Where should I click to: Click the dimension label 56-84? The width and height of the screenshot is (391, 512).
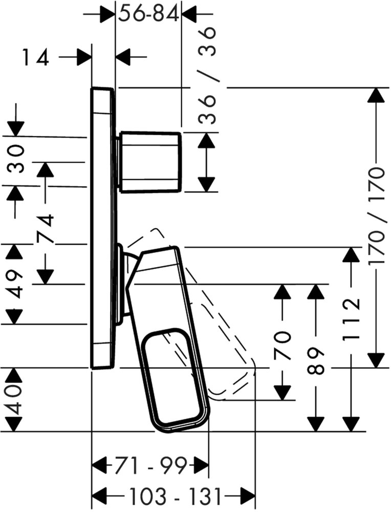pos(148,14)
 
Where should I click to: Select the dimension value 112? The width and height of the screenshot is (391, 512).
pos(351,319)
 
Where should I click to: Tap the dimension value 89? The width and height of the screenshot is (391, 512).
pos(317,361)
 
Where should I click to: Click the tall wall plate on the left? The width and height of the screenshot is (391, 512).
pos(103,228)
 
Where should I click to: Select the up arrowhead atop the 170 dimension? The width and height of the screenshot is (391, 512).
pos(377,95)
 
